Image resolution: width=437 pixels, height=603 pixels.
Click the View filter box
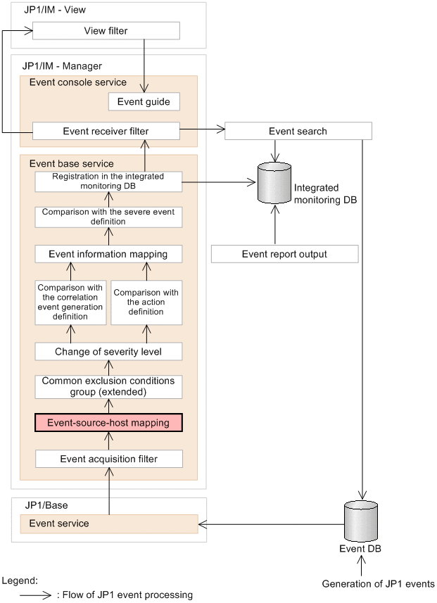click(x=106, y=31)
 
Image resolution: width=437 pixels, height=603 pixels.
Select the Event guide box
click(x=144, y=102)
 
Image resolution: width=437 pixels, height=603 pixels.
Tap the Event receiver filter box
click(x=106, y=131)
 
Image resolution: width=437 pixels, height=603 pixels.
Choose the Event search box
click(x=298, y=131)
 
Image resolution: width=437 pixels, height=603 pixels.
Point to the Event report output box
click(x=284, y=254)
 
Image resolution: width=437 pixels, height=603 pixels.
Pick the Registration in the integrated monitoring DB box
click(x=108, y=182)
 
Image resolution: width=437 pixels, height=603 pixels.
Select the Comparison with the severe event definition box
click(x=108, y=217)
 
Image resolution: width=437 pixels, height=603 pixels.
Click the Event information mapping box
click(x=108, y=254)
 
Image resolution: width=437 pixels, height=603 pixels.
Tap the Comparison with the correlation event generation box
click(x=70, y=302)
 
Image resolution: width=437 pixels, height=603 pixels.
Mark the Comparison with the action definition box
click(x=146, y=302)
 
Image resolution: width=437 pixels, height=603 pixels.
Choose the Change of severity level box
click(x=108, y=350)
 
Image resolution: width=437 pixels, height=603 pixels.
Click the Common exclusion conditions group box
click(x=108, y=386)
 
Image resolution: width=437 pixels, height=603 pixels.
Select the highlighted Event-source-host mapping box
click(x=108, y=423)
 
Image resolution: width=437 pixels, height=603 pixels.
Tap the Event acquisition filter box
click(x=108, y=459)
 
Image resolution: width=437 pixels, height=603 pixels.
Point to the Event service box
click(x=108, y=523)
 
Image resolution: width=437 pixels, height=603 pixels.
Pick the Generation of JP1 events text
click(x=378, y=584)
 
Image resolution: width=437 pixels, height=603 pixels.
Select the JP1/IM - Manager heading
click(x=62, y=66)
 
